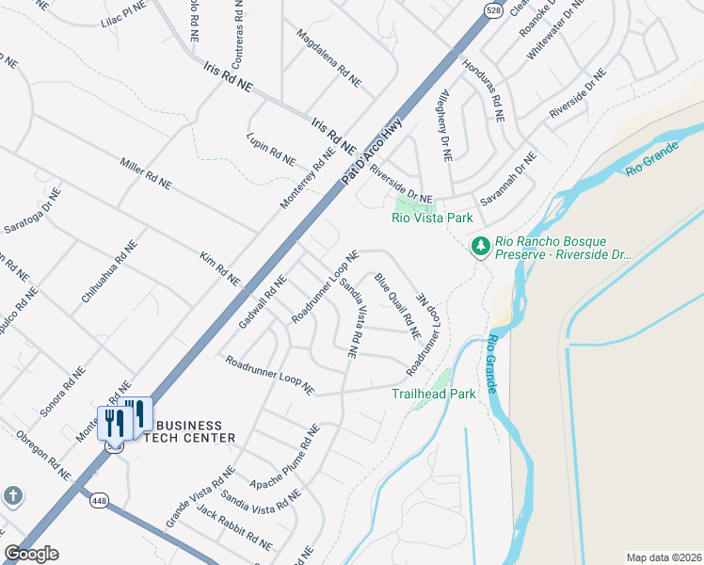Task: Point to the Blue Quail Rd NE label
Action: point(396,306)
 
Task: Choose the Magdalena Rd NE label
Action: point(328,58)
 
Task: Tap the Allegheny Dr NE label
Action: point(447,122)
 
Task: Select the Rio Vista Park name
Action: point(432,218)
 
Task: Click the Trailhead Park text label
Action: point(434,394)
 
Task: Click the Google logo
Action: point(31,554)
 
